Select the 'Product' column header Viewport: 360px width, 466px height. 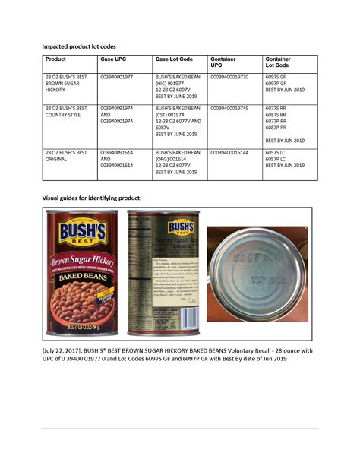pos(55,59)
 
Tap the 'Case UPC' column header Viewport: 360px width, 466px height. pos(113,59)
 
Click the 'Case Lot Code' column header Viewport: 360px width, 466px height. pos(174,59)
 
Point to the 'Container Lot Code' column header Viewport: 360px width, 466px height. pos(277,62)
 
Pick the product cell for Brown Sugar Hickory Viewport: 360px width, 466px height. pos(67,84)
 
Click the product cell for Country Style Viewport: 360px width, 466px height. pos(67,115)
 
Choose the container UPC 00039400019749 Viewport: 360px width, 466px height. pos(229,109)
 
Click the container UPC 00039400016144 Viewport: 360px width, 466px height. pos(229,153)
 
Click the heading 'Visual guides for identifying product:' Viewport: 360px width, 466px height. pos(91,198)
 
